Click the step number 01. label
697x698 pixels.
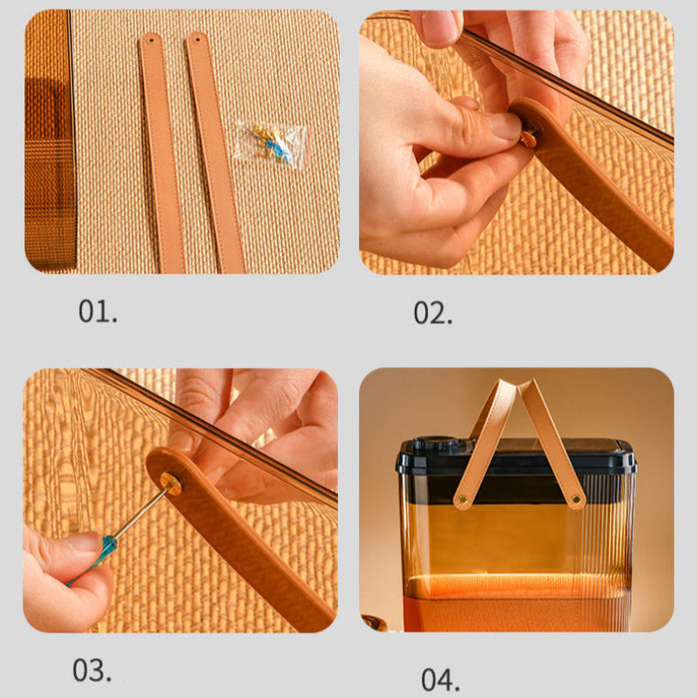coord(98,311)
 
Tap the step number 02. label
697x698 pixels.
coord(433,313)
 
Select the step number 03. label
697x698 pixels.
coord(92,670)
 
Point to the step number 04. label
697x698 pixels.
coord(440,679)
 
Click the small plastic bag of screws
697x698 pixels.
coord(271,145)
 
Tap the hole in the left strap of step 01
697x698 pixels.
coord(151,40)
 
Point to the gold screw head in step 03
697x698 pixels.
coord(171,484)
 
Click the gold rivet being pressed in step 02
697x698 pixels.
coord(528,140)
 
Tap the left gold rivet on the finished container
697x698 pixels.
coord(463,500)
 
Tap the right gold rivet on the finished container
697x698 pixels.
coord(576,499)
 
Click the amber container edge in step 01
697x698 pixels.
coord(50,141)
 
